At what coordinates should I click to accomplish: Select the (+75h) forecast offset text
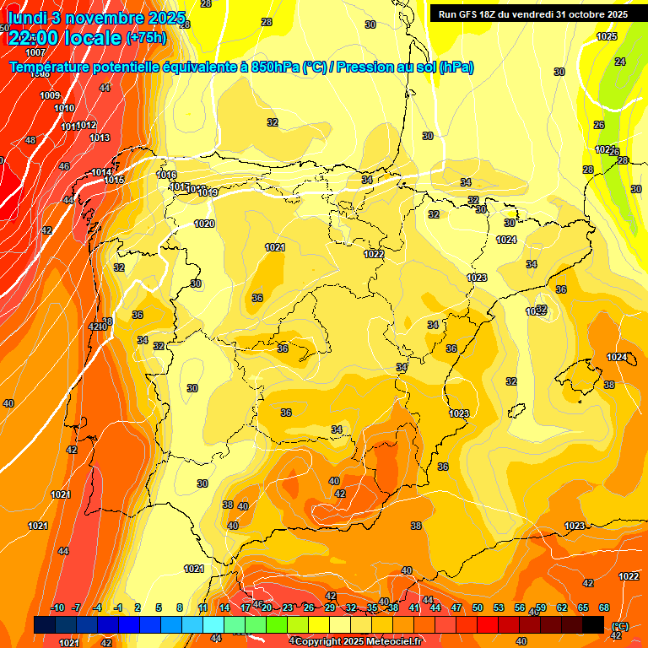click(x=146, y=37)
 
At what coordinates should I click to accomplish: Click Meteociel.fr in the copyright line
click(x=390, y=642)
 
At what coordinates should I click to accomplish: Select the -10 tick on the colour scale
click(x=57, y=608)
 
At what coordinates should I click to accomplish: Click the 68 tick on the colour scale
click(x=604, y=608)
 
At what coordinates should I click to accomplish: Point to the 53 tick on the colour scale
click(x=498, y=608)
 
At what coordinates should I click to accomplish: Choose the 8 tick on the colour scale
click(x=180, y=608)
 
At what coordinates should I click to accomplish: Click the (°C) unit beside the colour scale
click(x=619, y=626)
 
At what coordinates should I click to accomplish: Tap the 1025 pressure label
click(x=607, y=36)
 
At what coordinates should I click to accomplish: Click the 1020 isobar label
click(x=204, y=224)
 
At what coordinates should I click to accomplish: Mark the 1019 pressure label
click(x=208, y=193)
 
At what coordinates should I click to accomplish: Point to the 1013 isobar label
click(x=100, y=138)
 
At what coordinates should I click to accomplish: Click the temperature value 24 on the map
click(x=620, y=62)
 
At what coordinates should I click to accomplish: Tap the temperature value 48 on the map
click(x=30, y=141)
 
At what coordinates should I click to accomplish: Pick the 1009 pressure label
click(x=50, y=95)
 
